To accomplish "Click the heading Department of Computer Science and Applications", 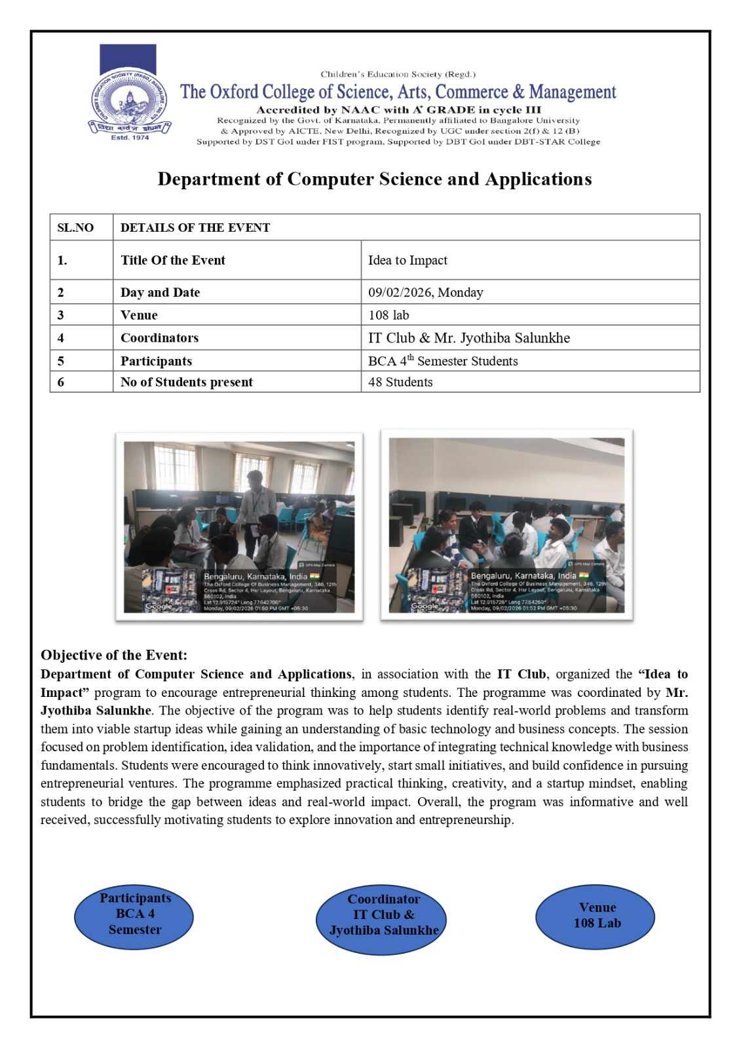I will pos(374,179).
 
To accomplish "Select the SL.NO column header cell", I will pos(75,227).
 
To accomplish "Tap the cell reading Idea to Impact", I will pos(408,260).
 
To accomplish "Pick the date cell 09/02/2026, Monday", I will pos(425,292).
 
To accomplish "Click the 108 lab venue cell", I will pos(389,315).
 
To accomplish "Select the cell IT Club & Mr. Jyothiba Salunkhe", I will pos(468,338).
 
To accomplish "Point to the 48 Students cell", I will pos(400,382).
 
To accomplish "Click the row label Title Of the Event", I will pos(173,260).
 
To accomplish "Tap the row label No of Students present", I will pos(186,382).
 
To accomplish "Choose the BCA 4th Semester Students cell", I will pos(443,361).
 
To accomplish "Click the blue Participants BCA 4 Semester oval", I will pos(134,914).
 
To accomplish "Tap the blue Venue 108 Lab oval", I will pos(596,916).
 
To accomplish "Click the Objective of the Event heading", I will pos(114,655).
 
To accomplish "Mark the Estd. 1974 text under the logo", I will pos(130,138).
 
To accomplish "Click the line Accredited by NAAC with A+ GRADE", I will pos(398,109).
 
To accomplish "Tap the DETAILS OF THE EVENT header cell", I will pos(195,227).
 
